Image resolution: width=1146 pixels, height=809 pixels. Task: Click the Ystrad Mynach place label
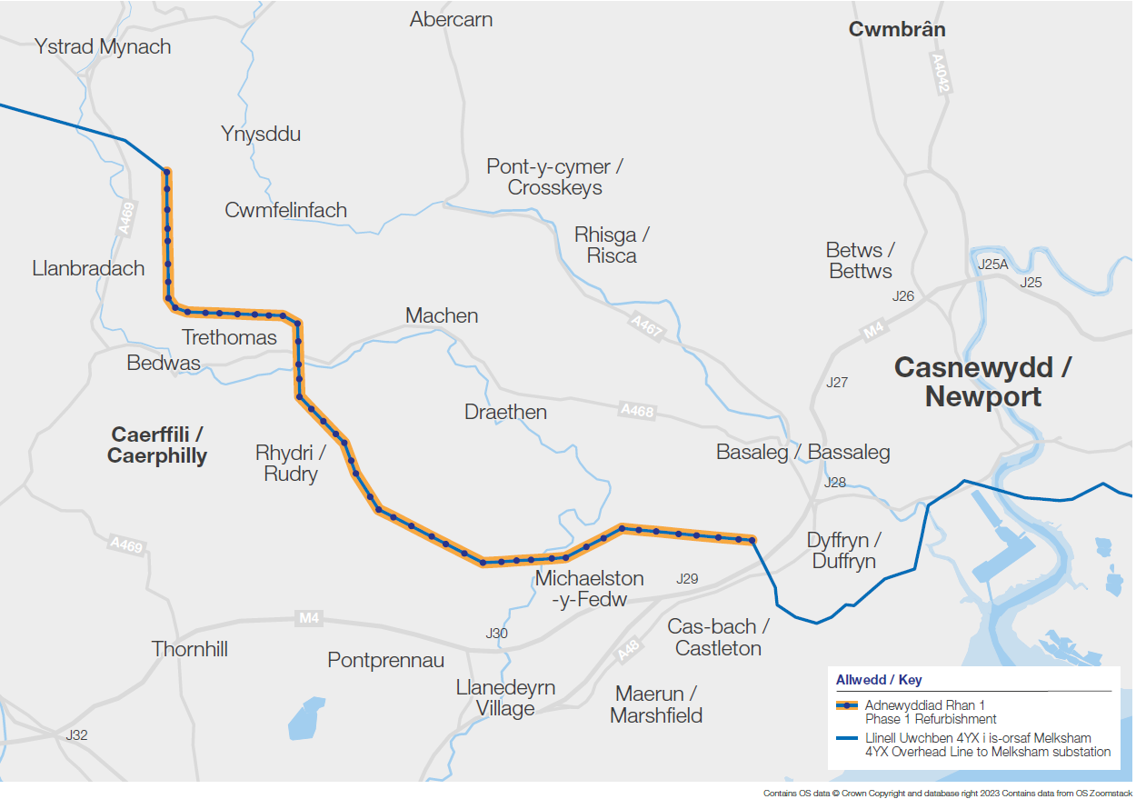tap(103, 47)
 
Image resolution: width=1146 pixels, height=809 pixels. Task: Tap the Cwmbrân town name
tap(896, 29)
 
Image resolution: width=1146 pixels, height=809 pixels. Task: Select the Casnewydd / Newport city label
tap(982, 382)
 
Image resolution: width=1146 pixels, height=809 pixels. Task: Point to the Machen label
tap(442, 316)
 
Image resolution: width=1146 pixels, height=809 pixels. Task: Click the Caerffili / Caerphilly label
tap(157, 444)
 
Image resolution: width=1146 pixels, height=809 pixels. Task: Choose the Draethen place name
tap(505, 412)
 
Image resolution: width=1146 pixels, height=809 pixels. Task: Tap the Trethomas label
tap(229, 338)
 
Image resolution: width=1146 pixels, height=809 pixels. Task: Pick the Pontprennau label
tap(386, 660)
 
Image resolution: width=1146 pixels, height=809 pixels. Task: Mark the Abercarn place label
tap(451, 19)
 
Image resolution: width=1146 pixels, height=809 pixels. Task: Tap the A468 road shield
tap(637, 411)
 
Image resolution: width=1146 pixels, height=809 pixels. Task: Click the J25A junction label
tap(992, 265)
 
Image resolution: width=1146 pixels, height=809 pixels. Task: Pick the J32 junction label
tap(77, 734)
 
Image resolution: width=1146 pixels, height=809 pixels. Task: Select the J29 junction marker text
tap(687, 579)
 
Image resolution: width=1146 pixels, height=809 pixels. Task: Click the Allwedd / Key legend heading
tap(879, 680)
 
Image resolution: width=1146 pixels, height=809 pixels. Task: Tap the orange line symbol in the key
tap(847, 705)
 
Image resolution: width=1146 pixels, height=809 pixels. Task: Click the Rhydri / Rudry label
tap(291, 464)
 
